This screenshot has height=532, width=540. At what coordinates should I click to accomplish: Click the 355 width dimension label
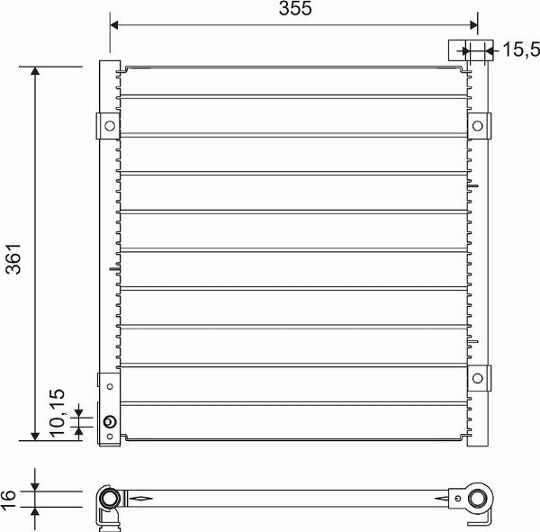(294, 10)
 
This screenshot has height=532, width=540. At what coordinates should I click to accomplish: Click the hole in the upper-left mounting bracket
(108, 125)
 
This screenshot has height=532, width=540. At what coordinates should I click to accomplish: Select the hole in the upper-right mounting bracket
(478, 124)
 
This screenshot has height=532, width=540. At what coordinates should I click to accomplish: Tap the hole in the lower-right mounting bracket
(478, 377)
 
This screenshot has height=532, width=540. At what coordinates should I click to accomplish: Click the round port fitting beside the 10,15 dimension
(110, 421)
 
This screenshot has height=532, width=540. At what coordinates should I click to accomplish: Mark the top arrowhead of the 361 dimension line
(35, 73)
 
